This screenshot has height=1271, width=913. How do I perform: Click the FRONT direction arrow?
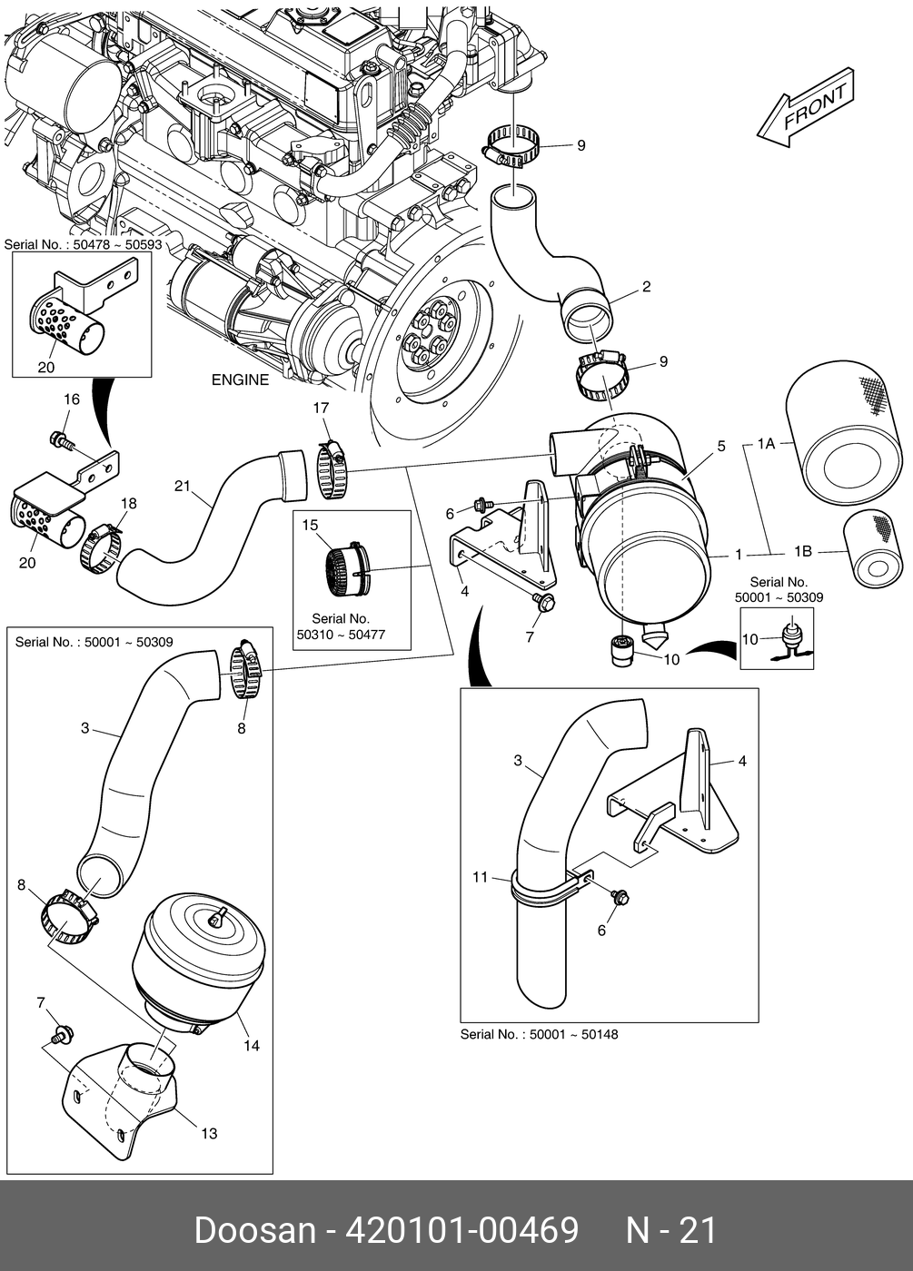[x=805, y=108]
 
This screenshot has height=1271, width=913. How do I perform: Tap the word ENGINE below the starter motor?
[x=240, y=379]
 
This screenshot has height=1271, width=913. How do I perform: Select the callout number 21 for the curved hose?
[x=183, y=486]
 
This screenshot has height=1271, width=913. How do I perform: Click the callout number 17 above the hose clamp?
[x=321, y=409]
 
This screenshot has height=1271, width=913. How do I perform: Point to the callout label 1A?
[x=765, y=444]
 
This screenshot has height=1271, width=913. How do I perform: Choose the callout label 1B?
[x=803, y=551]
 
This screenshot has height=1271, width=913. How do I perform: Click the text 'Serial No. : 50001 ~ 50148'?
[x=539, y=1034]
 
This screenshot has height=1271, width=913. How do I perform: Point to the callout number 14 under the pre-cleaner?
[x=252, y=1046]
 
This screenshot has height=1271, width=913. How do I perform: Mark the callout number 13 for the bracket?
[x=209, y=1133]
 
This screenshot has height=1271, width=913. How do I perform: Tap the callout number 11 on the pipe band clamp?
[x=481, y=877]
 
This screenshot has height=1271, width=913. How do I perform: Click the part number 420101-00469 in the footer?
[x=464, y=1230]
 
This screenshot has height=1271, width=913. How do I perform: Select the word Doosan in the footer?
[x=253, y=1230]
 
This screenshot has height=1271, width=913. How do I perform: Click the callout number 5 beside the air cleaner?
[x=721, y=446]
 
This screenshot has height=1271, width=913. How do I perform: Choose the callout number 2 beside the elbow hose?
[x=646, y=288]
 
